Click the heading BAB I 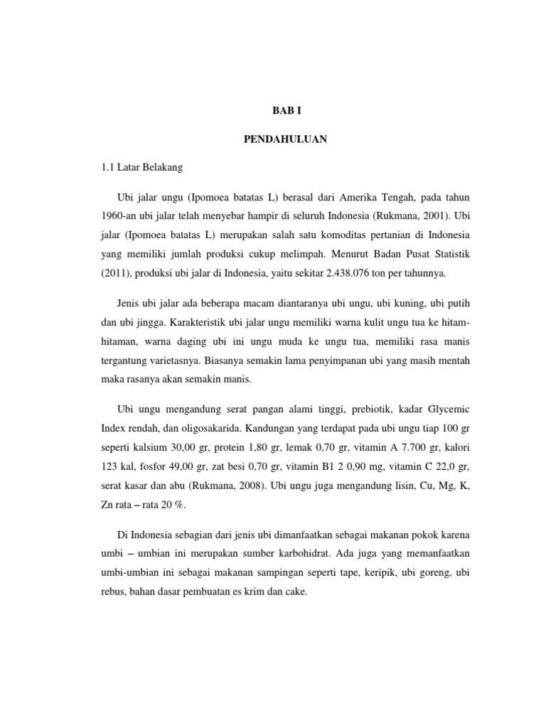coord(288,112)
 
